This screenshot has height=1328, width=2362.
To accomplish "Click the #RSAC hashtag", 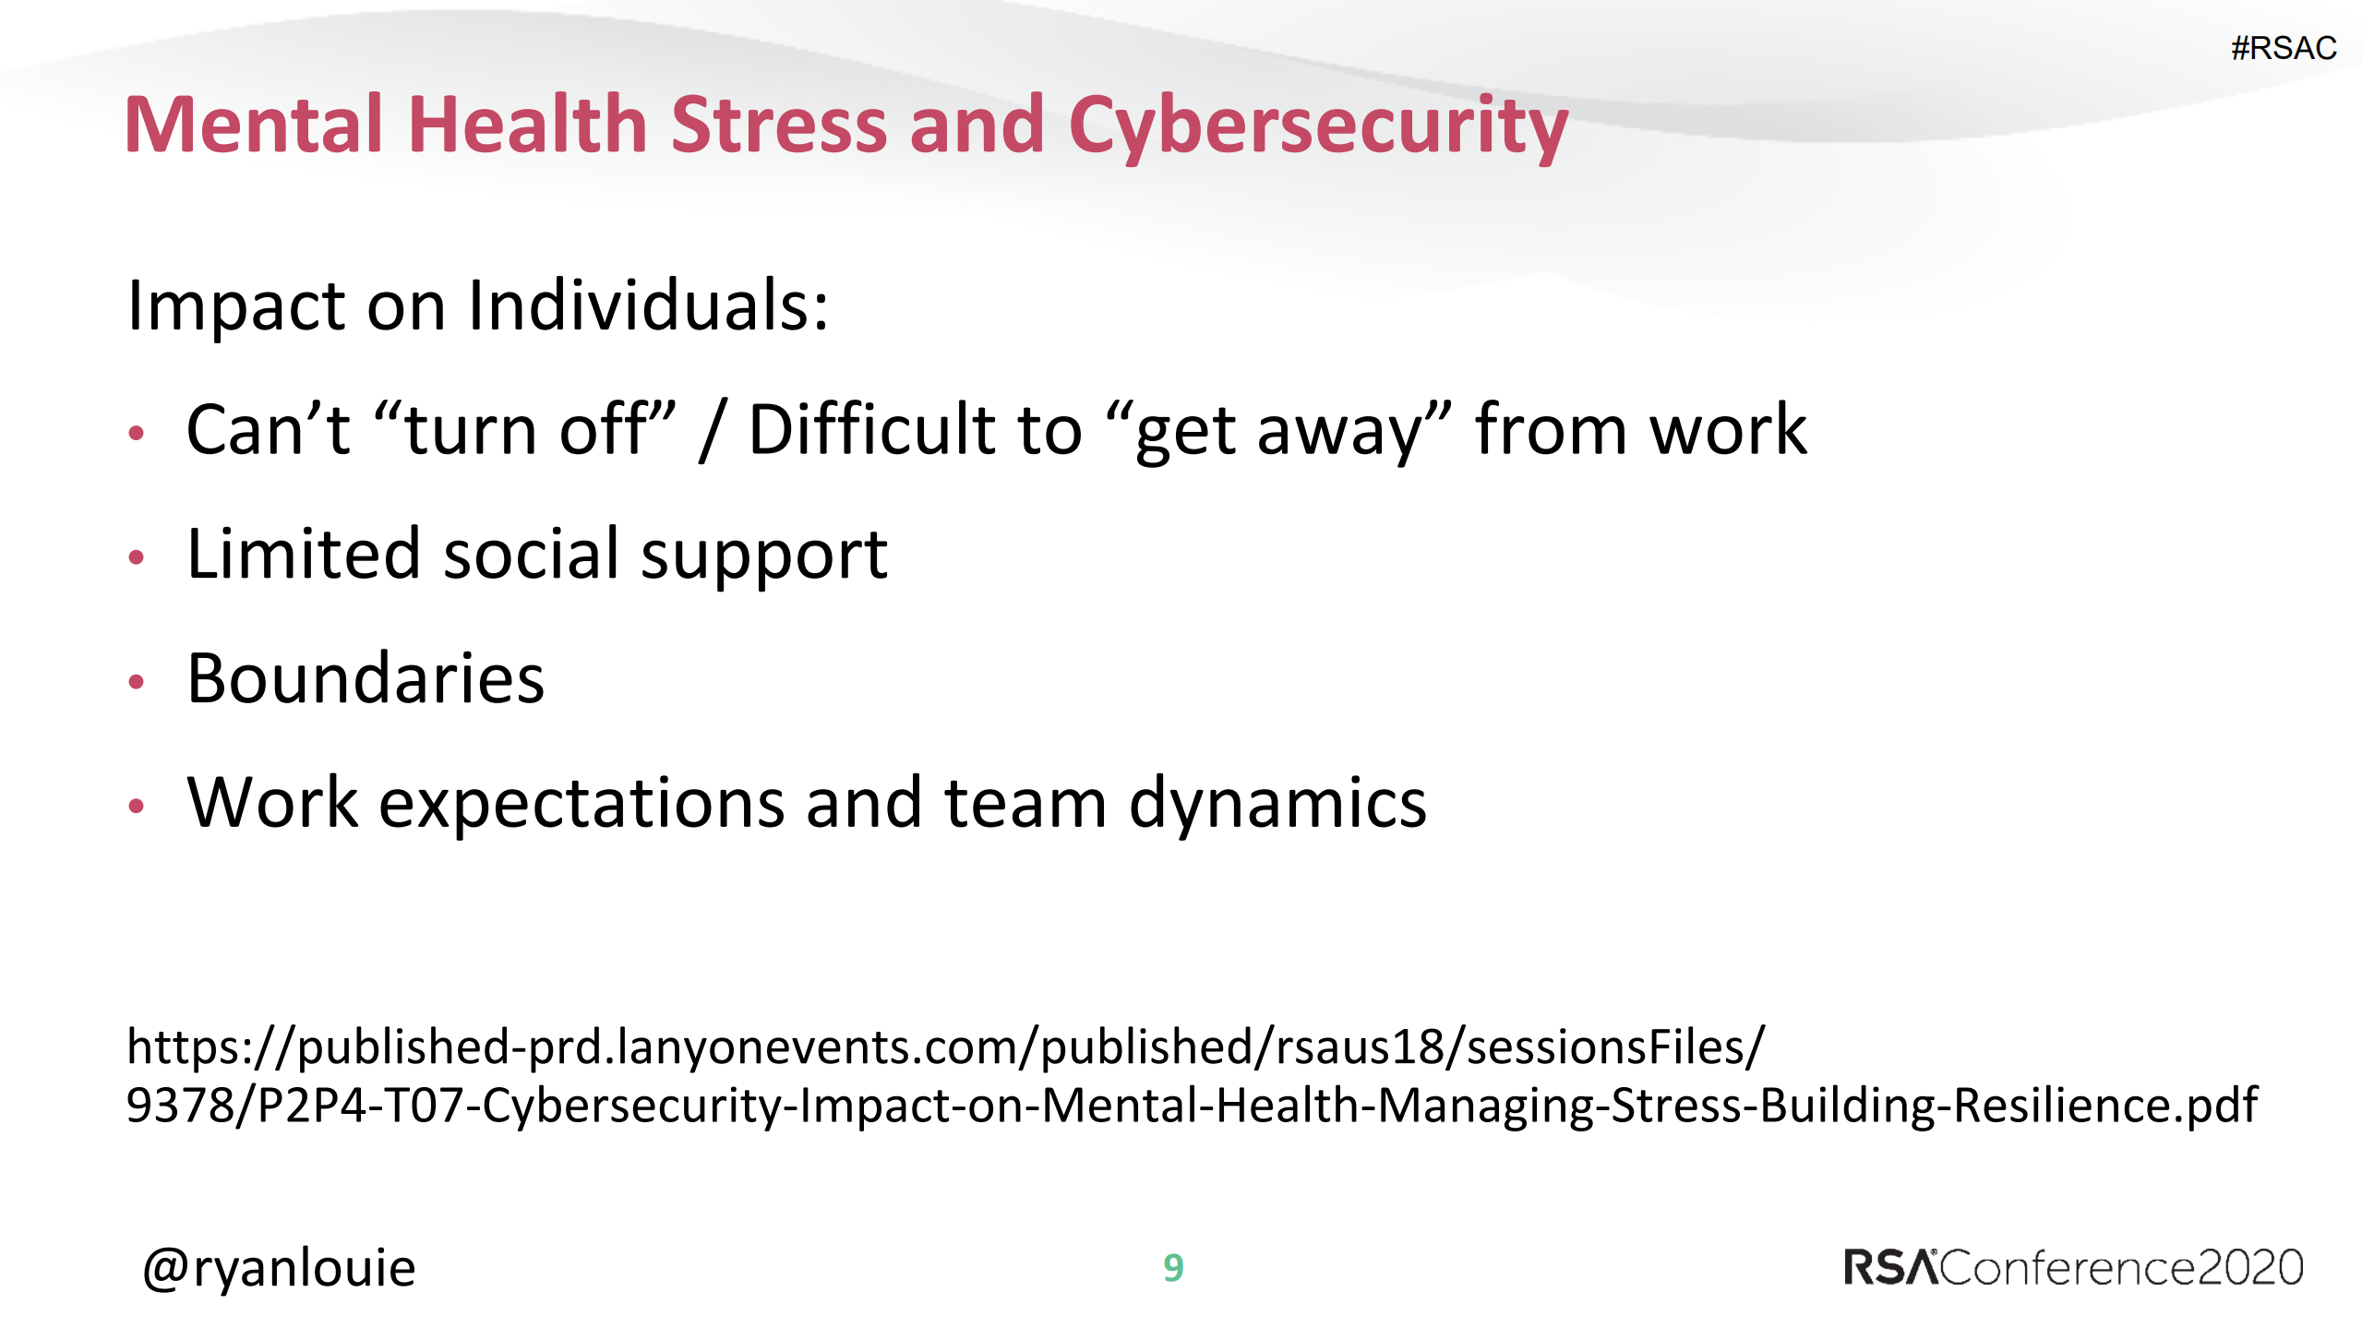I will coord(2283,48).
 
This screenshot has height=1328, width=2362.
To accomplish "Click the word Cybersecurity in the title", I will coord(1317,126).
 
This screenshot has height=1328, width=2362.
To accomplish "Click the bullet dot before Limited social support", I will coord(137,556).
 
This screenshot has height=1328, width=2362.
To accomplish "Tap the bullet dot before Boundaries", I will coord(137,681).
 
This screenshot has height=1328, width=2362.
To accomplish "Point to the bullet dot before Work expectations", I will coord(137,806).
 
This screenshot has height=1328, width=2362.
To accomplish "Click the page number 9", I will coord(1173,1268).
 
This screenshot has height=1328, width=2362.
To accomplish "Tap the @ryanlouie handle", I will coord(279,1268).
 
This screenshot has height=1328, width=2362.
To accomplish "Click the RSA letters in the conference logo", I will coord(1888,1267).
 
